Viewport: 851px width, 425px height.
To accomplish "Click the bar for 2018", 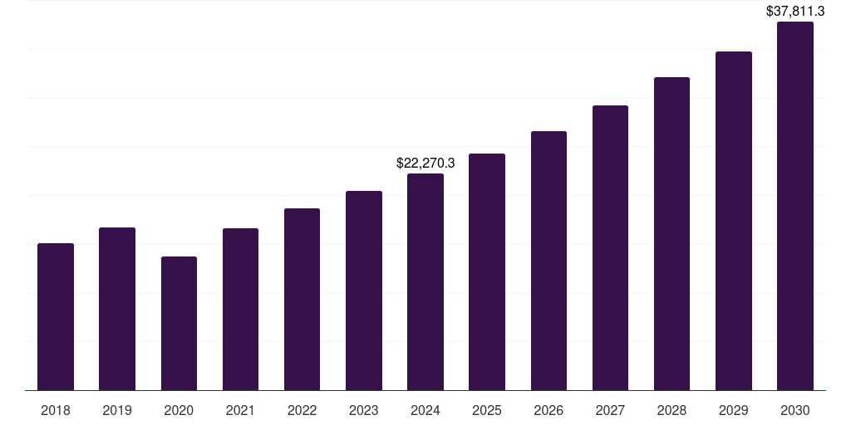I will point(56,316).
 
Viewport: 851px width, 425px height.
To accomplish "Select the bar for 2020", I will point(179,323).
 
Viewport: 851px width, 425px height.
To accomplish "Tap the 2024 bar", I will point(425,281).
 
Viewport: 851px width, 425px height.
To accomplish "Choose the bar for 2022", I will point(302,299).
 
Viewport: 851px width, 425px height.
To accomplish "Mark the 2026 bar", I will point(548,261).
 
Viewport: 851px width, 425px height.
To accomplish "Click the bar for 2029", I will point(733,221).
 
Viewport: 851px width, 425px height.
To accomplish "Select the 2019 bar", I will point(117,309).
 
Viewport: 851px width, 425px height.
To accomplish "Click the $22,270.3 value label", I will point(425,164).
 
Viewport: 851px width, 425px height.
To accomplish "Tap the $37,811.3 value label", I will point(794,12).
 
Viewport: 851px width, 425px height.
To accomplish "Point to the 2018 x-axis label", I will point(56,410).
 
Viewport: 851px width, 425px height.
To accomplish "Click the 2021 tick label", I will point(240,410).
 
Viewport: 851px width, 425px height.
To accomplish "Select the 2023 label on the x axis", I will point(364,410).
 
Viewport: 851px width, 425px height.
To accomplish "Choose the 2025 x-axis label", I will point(487,410).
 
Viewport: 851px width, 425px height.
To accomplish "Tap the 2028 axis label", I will point(671,410).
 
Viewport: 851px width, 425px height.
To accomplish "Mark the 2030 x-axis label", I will point(794,410).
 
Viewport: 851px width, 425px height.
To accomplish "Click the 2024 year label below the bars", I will point(425,410).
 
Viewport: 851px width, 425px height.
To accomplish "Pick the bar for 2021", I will point(240,309).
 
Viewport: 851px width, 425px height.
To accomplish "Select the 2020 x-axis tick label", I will point(179,410).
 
